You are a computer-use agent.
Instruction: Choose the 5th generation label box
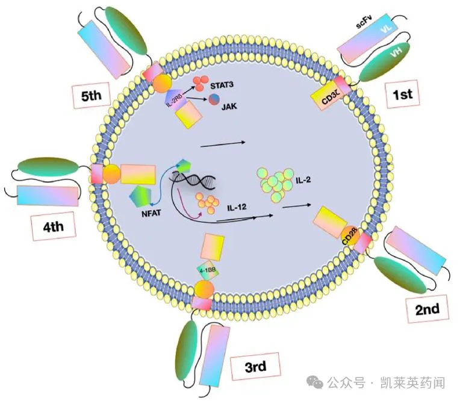pyautogui.click(x=94, y=95)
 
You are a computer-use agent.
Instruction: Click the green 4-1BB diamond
pyautogui.click(x=207, y=270)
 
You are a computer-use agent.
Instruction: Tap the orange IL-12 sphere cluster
pyautogui.click(x=208, y=205)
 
